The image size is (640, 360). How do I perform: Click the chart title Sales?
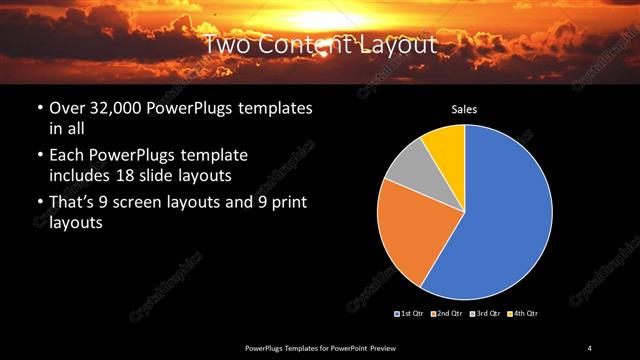tap(464, 110)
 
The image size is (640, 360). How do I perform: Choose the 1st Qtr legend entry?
tap(411, 314)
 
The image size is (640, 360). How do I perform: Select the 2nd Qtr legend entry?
tap(448, 314)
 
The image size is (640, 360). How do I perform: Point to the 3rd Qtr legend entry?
tap(486, 314)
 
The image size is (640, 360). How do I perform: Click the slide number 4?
tap(590, 346)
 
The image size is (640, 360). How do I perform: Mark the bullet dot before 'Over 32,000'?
tap(39, 108)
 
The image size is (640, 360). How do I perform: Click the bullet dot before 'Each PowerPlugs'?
tap(39, 156)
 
